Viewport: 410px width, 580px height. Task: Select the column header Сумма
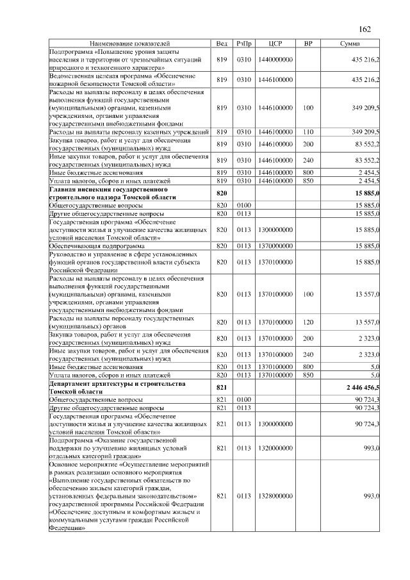tap(349, 43)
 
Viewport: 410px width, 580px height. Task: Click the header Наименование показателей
tap(131, 43)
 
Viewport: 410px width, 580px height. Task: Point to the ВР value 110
tap(308, 131)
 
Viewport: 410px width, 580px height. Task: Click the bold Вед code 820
tap(222, 194)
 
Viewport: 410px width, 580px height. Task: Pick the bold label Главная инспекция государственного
tap(108, 190)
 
